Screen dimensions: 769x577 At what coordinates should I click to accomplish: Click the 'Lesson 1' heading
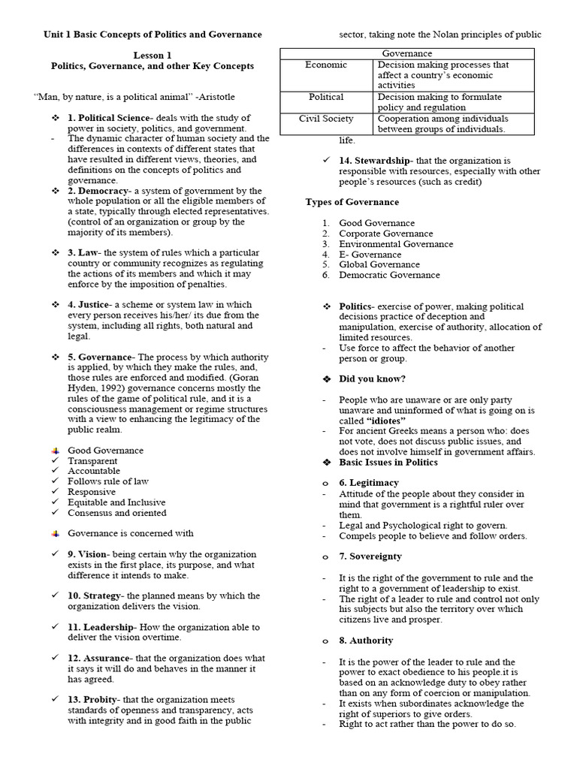(153, 56)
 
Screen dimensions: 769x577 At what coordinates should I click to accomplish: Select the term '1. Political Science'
(107, 119)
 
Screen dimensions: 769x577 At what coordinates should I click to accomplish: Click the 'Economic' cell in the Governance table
(326, 65)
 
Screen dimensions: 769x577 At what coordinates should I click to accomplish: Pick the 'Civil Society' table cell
(326, 119)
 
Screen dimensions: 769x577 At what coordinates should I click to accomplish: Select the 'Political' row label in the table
(326, 97)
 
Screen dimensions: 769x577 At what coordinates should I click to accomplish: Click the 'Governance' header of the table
(407, 53)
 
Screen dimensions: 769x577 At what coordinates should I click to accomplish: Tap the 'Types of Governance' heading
(352, 202)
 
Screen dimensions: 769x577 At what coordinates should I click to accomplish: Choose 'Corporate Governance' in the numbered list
(385, 234)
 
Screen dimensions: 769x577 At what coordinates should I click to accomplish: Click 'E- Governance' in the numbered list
(370, 255)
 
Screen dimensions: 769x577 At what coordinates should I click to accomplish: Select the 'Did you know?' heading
(372, 378)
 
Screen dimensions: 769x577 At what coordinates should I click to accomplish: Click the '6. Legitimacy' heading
(369, 482)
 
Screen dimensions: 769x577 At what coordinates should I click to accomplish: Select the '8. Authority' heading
(366, 641)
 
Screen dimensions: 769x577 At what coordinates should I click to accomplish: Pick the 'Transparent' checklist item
(92, 461)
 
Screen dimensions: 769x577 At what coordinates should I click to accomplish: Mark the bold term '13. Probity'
(94, 699)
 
